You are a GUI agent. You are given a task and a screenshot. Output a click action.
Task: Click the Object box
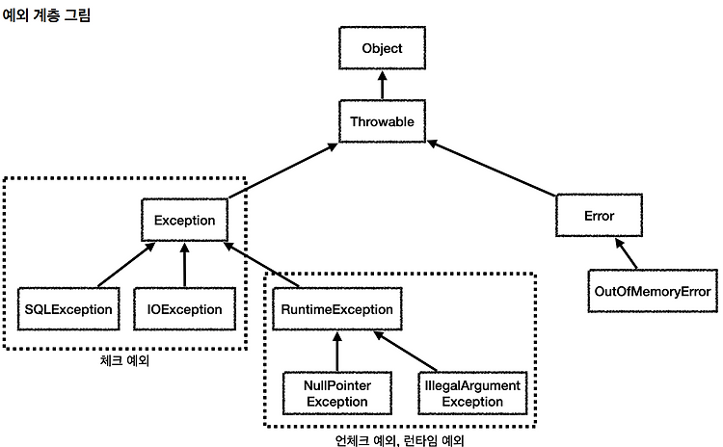point(383,48)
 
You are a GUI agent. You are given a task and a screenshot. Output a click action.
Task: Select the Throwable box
point(383,121)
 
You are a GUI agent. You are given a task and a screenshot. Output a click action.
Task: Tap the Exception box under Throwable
point(184,221)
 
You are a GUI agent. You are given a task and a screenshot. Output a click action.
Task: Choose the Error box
point(599,216)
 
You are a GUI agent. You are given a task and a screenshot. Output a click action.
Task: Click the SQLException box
point(68,309)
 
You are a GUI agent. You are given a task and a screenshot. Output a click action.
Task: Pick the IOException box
point(184,309)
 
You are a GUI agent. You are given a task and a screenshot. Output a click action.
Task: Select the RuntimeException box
point(337,309)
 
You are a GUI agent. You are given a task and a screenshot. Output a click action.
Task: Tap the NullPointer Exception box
point(337,394)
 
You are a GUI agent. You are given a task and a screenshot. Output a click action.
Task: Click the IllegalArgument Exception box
point(472,394)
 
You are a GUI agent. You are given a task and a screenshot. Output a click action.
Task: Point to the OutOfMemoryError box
point(653,291)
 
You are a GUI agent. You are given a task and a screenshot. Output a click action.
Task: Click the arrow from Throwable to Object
point(383,85)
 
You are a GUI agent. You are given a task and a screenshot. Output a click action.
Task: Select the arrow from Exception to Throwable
point(282,171)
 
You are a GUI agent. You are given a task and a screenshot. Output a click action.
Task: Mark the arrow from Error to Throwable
point(492,168)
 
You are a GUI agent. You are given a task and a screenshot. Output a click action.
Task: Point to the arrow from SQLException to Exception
point(126,265)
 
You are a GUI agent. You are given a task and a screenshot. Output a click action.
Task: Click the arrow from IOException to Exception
point(184,265)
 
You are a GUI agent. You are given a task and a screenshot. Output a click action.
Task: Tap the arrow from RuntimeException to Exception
point(261,265)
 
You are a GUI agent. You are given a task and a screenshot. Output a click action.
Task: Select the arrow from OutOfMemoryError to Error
point(627,253)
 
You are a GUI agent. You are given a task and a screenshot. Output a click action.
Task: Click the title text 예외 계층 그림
point(46,14)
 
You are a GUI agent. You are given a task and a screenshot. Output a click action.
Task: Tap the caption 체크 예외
point(124,360)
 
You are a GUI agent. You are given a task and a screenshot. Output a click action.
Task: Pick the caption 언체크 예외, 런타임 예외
point(399,440)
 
